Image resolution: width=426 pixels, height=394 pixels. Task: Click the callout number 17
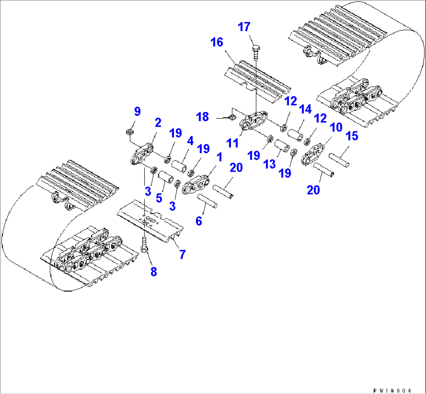[x=245, y=28]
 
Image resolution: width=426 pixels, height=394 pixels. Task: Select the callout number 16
[x=217, y=42]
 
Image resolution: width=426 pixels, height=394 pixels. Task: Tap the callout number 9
[x=137, y=112]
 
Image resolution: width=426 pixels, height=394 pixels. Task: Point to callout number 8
[x=153, y=272]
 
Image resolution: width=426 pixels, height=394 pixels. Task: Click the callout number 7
[x=182, y=254]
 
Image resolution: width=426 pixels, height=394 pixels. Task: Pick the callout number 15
[x=352, y=136]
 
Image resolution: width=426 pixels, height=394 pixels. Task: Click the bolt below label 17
[x=255, y=51]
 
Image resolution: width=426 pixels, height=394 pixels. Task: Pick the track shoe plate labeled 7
[x=150, y=221]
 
